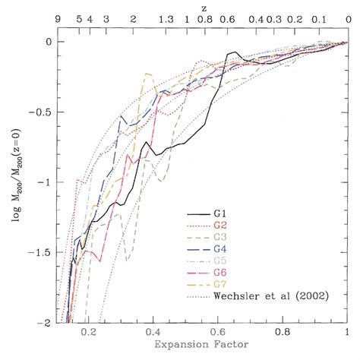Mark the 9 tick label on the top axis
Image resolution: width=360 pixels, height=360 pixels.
pos(57,21)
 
